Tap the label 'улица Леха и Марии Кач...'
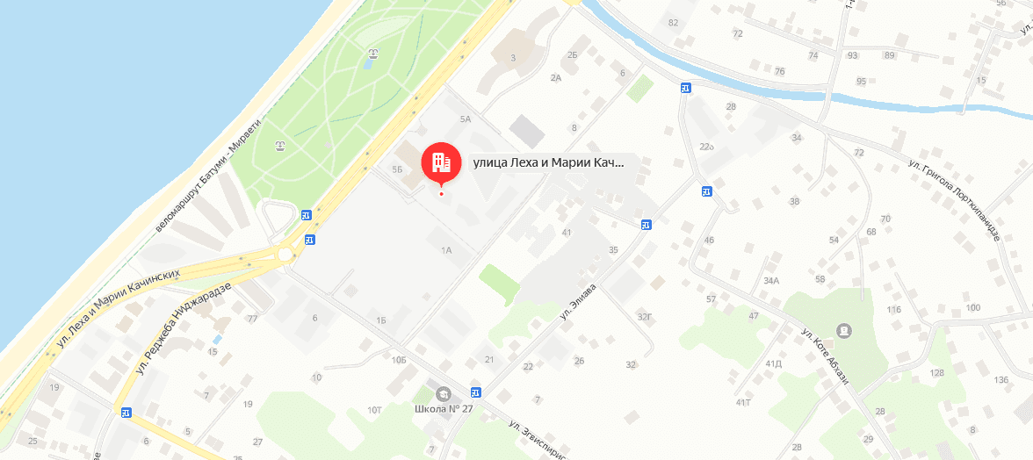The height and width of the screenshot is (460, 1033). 548,162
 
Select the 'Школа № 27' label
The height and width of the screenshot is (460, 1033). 444,409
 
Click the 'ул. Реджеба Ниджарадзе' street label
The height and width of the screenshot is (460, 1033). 184,324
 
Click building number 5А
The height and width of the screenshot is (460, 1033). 466,119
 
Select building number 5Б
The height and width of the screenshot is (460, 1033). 397,169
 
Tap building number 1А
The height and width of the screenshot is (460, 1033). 445,250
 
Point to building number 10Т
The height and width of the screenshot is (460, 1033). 375,409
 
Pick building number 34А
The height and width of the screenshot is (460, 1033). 771,281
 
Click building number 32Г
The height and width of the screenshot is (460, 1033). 645,316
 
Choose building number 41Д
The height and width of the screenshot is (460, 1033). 773,363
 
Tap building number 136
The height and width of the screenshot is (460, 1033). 1000,379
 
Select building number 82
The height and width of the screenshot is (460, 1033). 673,23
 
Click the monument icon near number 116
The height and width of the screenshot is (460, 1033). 844,330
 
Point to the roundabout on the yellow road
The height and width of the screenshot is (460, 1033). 285,255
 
